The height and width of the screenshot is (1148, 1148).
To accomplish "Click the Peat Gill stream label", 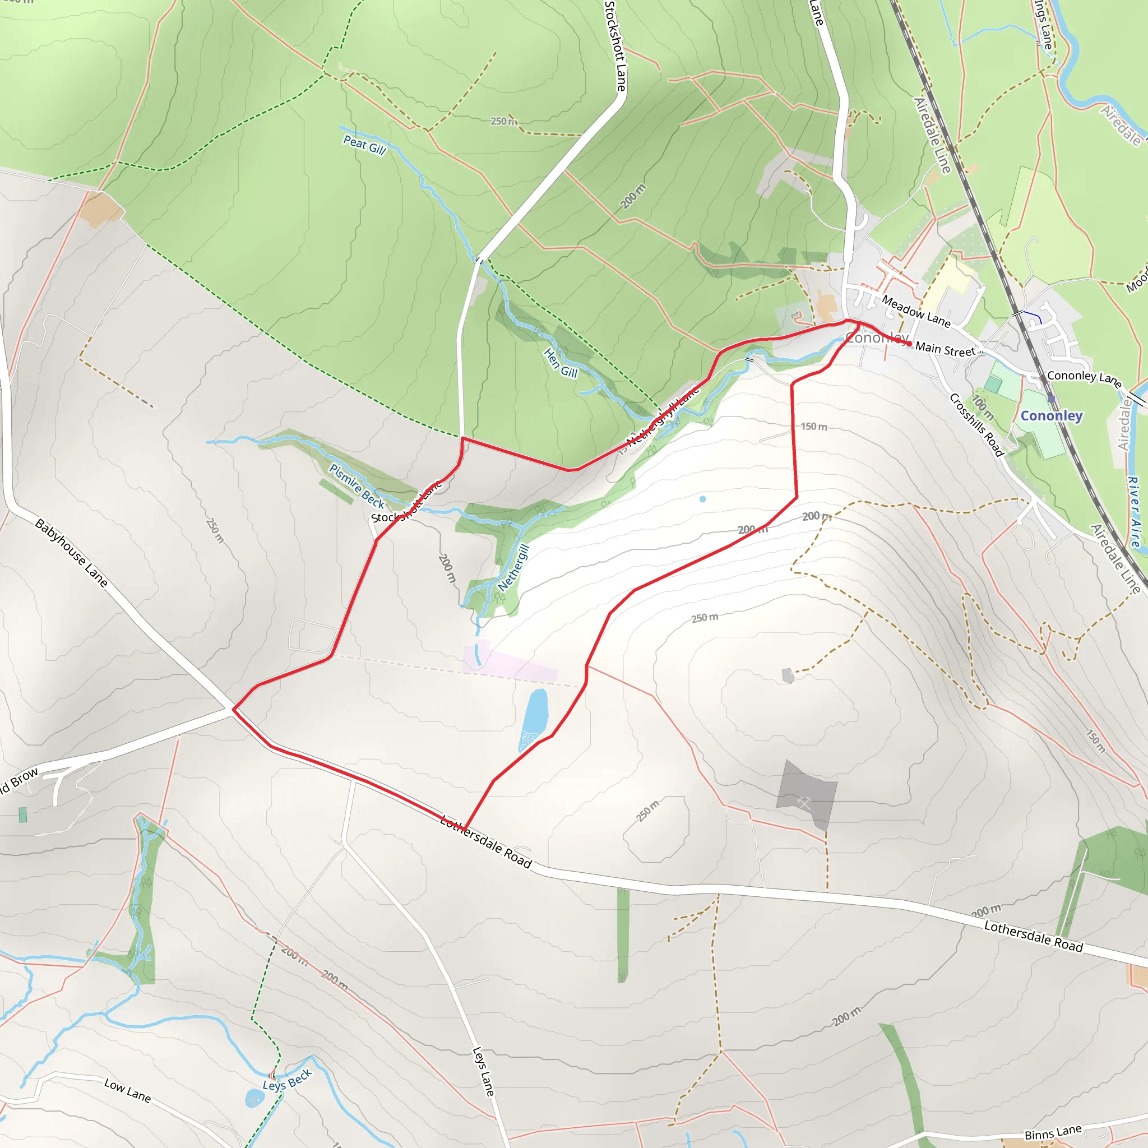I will (364, 145).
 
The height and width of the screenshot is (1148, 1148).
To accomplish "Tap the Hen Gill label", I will (561, 364).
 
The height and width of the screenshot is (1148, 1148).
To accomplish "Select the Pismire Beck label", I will (357, 486).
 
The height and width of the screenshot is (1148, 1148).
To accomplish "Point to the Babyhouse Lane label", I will (71, 553).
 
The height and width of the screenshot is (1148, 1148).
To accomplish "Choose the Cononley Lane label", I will (1084, 378).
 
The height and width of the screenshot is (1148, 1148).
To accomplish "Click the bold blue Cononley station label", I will (1051, 416).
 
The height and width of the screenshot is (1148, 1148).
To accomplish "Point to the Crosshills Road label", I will (976, 425).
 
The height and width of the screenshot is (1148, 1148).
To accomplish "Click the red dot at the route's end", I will (909, 344).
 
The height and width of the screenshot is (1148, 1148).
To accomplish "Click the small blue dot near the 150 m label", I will (702, 499).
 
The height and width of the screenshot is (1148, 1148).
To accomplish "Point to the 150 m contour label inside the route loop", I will (813, 427).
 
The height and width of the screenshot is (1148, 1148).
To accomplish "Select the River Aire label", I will (1134, 511).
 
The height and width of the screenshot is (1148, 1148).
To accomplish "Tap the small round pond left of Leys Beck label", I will (254, 1098).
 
